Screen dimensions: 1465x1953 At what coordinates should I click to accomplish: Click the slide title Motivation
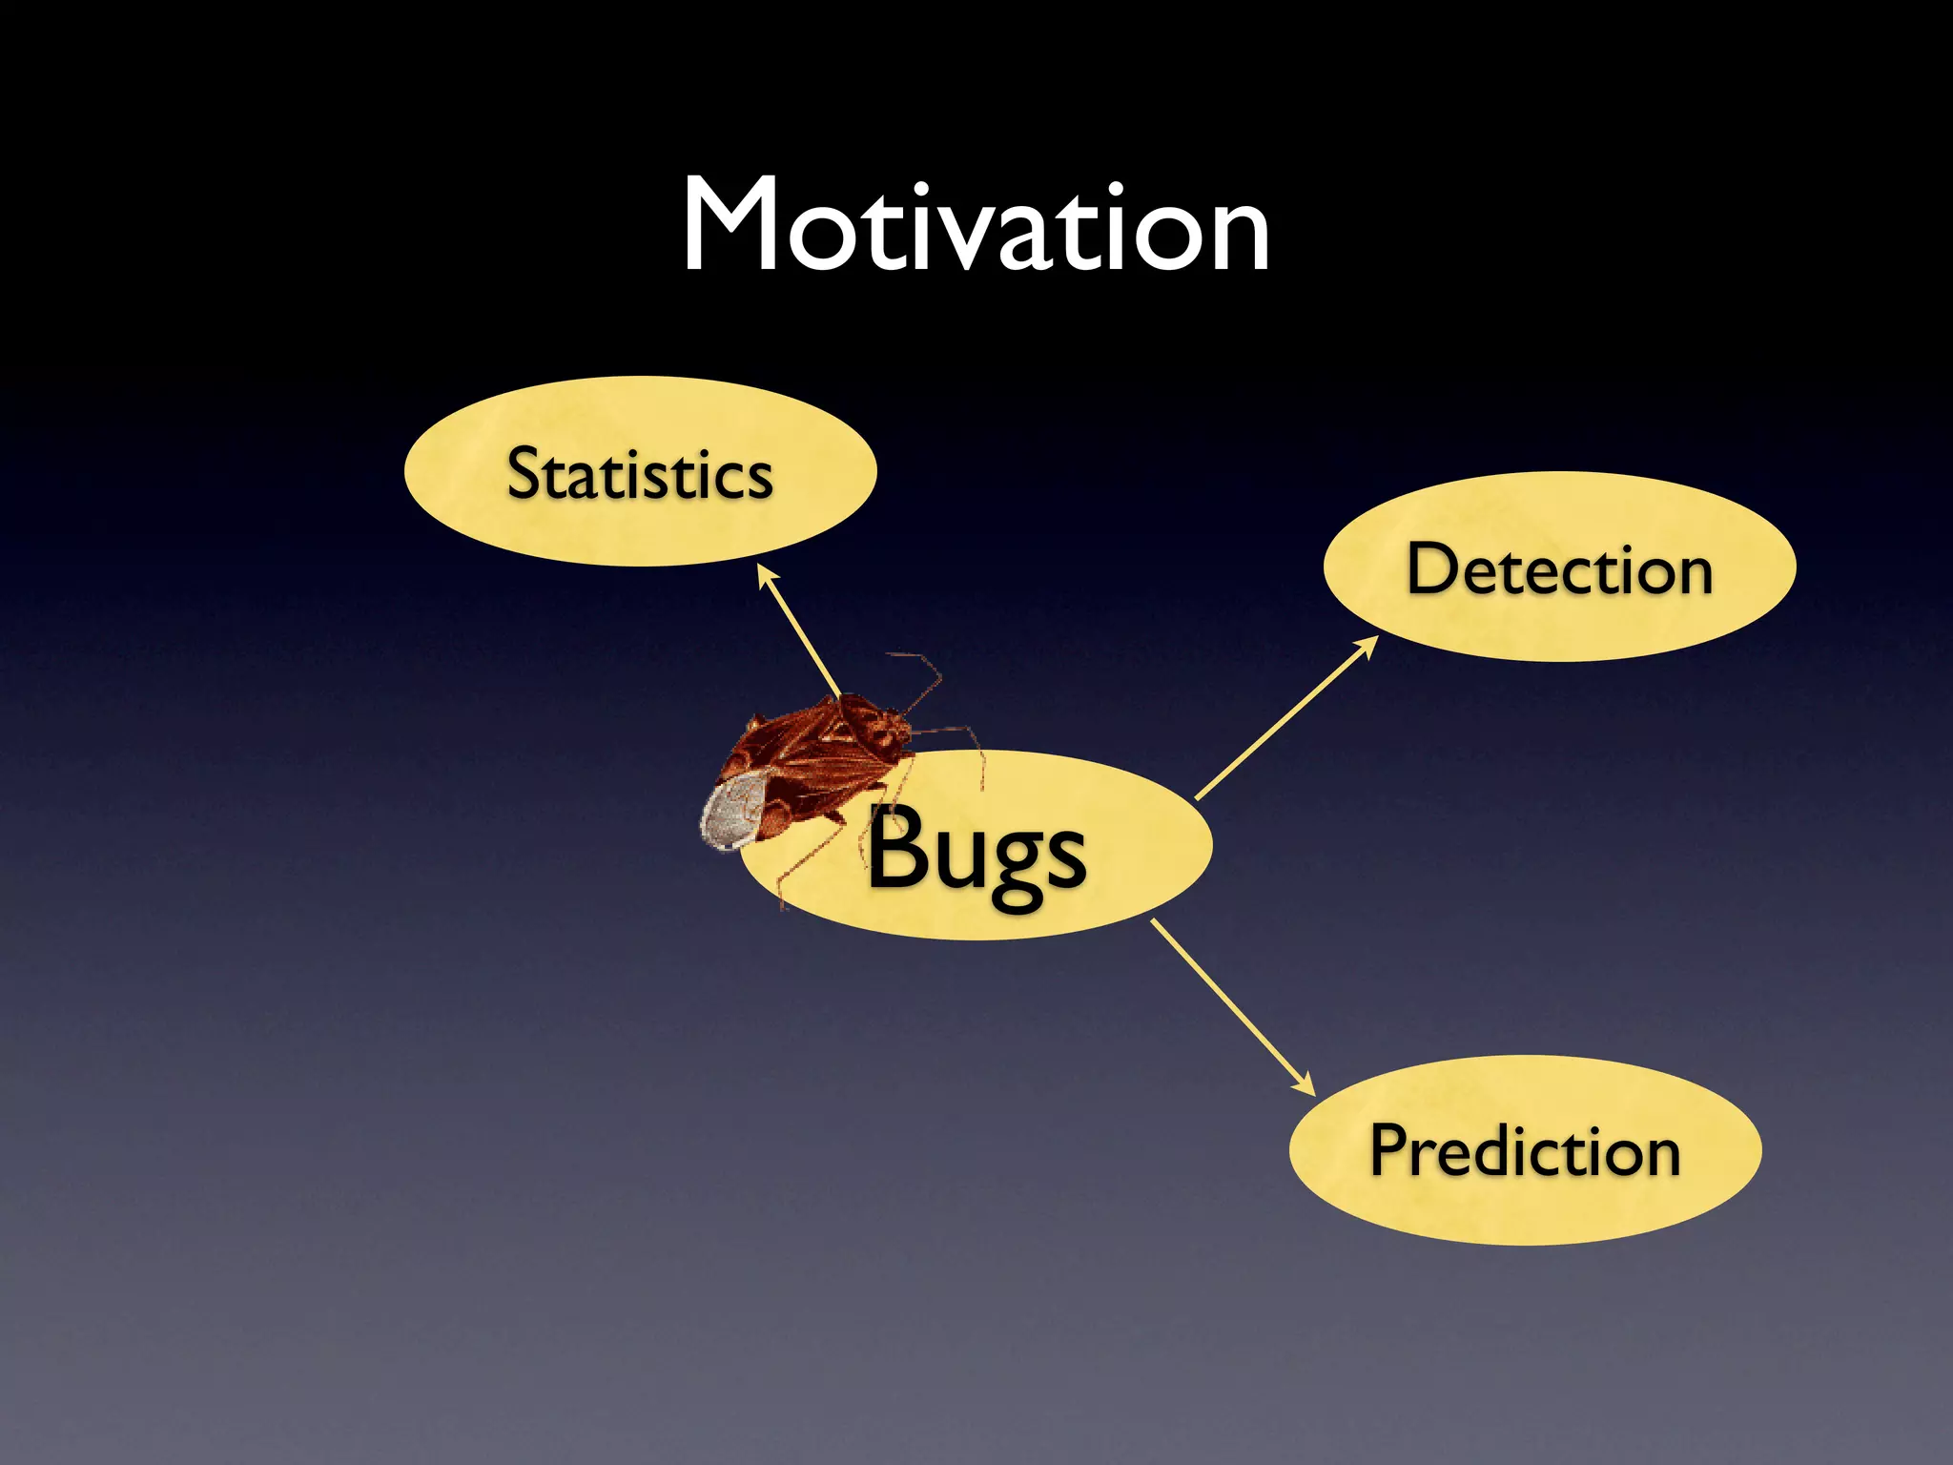(976, 227)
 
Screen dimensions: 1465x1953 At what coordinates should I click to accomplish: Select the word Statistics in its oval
(639, 474)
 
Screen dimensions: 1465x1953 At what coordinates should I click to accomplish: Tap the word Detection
(1559, 569)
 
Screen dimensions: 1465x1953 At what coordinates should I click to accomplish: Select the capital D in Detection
(1434, 568)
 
